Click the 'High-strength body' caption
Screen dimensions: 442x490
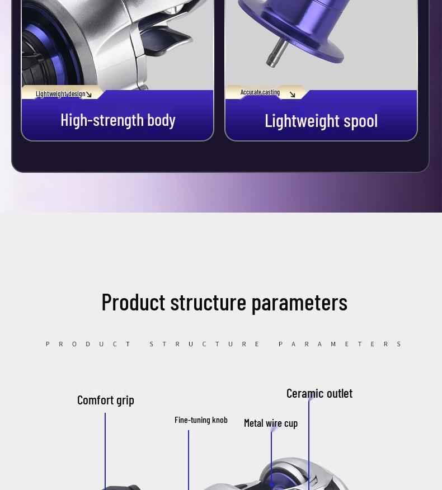[118, 120]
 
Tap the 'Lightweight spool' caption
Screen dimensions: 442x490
[321, 121]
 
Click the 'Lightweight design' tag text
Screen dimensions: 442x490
[60, 94]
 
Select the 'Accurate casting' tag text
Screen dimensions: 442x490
[260, 92]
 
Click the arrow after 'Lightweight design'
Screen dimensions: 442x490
[89, 94]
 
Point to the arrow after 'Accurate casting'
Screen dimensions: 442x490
[292, 95]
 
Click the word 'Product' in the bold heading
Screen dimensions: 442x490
[134, 302]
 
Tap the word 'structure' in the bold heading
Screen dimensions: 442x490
[208, 302]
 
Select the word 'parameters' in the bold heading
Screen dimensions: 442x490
[299, 303]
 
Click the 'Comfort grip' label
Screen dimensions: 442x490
[106, 401]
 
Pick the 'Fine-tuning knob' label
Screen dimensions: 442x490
[201, 420]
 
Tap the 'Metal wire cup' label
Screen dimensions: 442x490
[271, 423]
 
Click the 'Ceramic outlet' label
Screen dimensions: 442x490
[319, 393]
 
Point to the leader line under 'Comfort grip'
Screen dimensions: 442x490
[105, 451]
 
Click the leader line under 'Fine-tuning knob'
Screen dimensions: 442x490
[189, 460]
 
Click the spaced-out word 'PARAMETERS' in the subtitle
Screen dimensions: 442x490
[340, 344]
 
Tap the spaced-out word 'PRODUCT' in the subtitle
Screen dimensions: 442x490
[88, 344]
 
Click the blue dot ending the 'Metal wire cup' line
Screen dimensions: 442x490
[271, 486]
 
